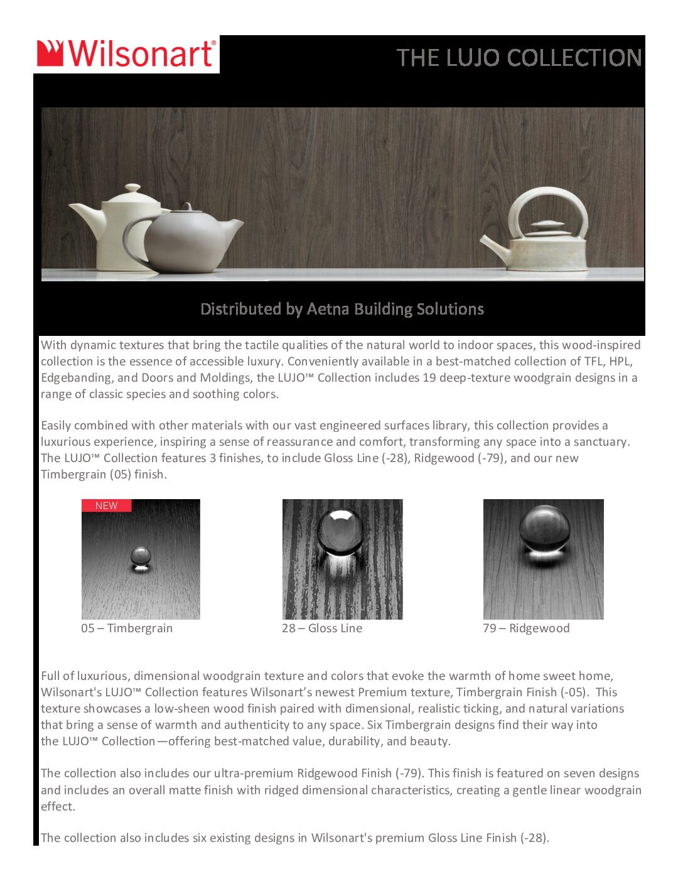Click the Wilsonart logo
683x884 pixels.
coord(126,54)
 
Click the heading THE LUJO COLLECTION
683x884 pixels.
coord(519,58)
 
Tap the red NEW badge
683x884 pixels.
coord(106,505)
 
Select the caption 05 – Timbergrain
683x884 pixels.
coord(127,628)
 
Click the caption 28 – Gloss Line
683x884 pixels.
coord(322,628)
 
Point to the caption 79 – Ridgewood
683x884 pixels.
coord(526,628)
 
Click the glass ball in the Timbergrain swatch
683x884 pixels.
coord(140,556)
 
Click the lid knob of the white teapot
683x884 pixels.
coord(132,188)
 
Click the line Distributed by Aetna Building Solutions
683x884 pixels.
coord(342,309)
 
